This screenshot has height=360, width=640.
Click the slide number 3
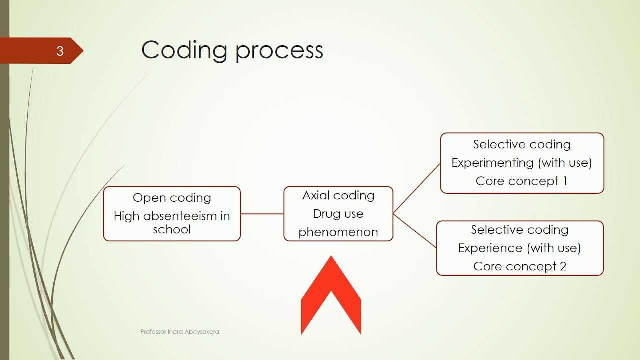click(x=60, y=51)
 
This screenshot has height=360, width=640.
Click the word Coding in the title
click(x=185, y=50)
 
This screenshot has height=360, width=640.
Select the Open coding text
click(x=172, y=198)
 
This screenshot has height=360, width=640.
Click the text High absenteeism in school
click(x=172, y=223)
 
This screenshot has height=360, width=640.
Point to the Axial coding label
click(x=338, y=195)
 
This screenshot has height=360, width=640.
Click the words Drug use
click(x=338, y=214)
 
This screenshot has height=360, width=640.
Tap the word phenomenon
click(x=338, y=232)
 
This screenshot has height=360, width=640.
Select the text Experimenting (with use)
click(x=521, y=163)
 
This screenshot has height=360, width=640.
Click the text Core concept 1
click(x=521, y=181)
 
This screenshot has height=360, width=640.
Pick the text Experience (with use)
click(x=519, y=248)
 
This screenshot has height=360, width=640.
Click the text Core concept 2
click(x=519, y=266)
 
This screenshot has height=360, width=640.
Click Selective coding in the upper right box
click(x=521, y=144)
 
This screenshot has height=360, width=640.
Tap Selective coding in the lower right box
click(x=519, y=230)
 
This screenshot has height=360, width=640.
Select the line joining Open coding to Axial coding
click(x=262, y=214)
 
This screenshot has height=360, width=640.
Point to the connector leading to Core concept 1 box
click(x=417, y=188)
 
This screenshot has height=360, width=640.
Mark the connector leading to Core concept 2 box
click(x=415, y=231)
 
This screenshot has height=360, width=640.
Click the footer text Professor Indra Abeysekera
click(x=179, y=332)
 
